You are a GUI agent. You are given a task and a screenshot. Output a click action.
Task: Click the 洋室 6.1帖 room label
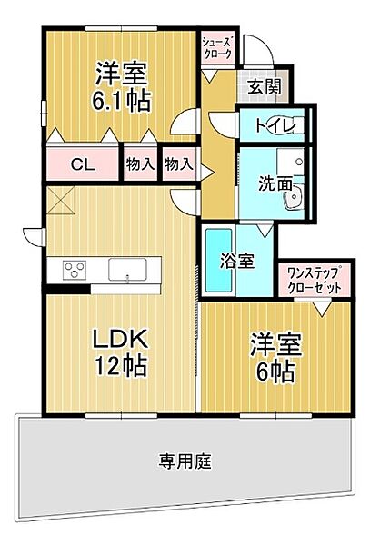click(x=121, y=87)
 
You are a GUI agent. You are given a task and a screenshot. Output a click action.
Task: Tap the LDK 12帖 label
click(x=120, y=352)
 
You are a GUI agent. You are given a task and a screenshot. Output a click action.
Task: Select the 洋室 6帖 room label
click(x=275, y=358)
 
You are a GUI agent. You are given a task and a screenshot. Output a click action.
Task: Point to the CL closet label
click(x=83, y=164)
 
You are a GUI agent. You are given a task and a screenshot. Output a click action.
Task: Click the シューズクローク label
click(x=217, y=48)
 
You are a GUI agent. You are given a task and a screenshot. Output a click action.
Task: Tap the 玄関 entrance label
click(x=265, y=86)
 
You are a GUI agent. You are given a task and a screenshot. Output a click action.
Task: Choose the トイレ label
click(x=275, y=125)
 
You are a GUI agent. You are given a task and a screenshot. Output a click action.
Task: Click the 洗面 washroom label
click(x=275, y=184)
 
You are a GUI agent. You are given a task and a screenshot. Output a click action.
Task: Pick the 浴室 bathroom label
click(x=236, y=261)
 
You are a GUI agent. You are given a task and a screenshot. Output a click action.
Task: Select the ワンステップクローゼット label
click(x=314, y=281)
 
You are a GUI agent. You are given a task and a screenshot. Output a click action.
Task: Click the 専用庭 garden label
click(x=185, y=461)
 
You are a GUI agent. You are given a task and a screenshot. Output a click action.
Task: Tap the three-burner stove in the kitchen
click(x=75, y=270)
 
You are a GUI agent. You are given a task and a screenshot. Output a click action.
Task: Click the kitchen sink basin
click(x=127, y=270)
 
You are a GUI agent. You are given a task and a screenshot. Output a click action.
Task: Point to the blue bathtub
click(x=218, y=261)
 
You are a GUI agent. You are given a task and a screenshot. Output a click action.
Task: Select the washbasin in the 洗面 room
click(x=293, y=198)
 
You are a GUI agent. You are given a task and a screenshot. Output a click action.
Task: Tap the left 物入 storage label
click(x=140, y=164)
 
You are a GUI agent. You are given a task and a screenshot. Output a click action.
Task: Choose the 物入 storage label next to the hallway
click(x=179, y=164)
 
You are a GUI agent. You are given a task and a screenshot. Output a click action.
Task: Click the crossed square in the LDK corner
click(x=61, y=201)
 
